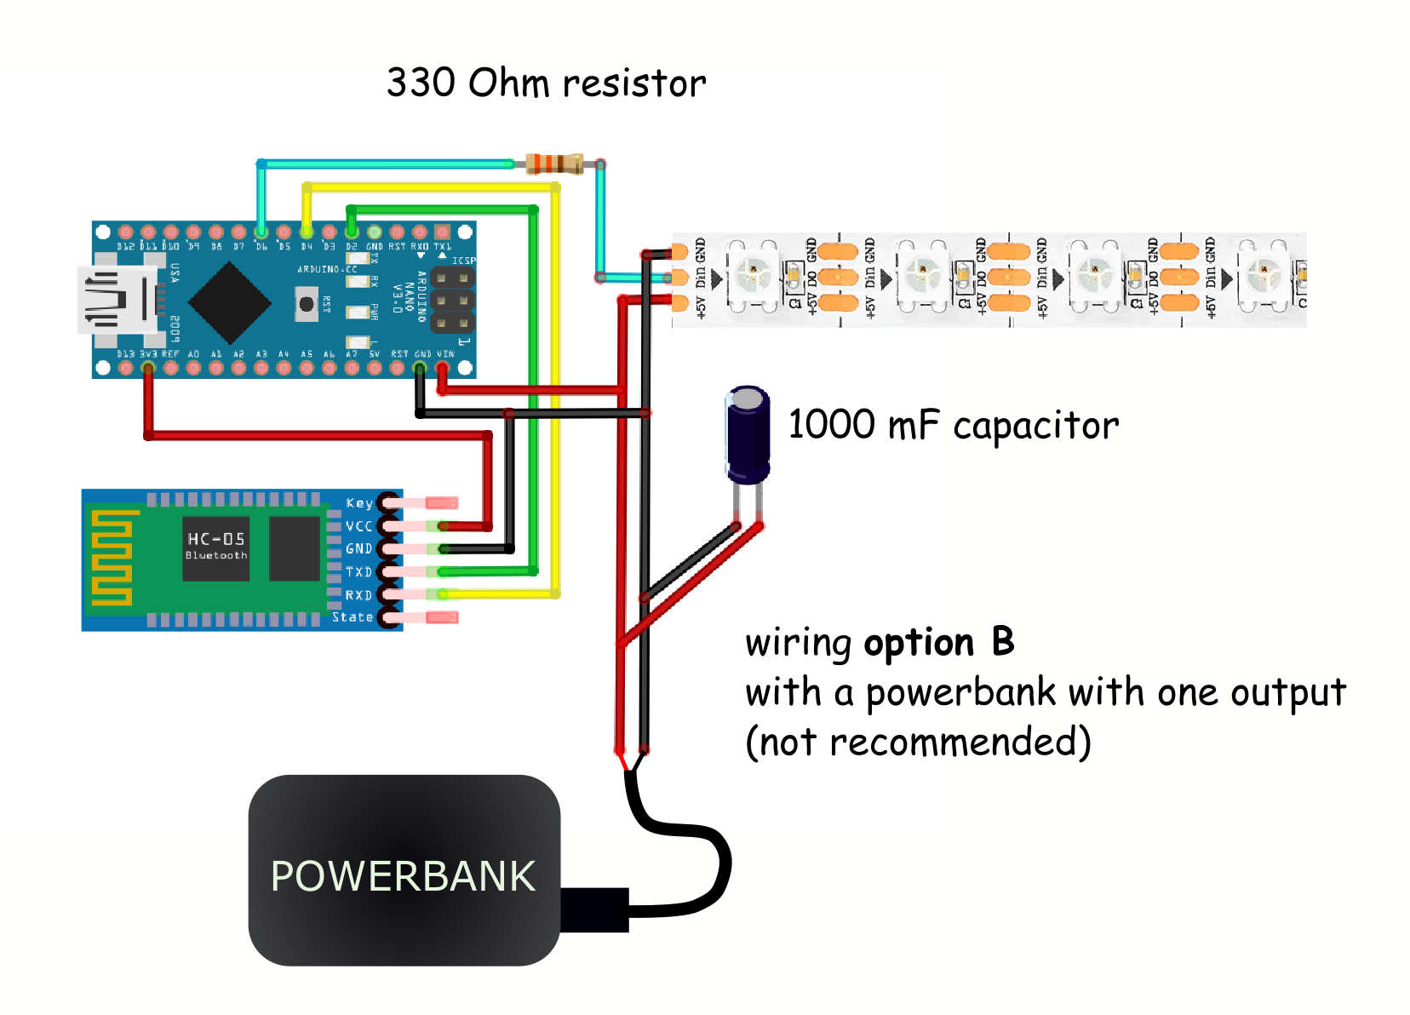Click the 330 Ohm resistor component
554,163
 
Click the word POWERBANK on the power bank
403,876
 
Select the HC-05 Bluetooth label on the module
216,545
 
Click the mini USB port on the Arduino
115,300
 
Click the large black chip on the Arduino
229,302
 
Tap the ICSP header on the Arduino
452,300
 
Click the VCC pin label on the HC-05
358,526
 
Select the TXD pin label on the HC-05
358,572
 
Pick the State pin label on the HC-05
352,617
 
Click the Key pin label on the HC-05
359,503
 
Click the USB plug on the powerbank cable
594,909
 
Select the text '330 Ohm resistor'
546,83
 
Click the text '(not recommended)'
918,742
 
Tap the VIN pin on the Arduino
442,369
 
